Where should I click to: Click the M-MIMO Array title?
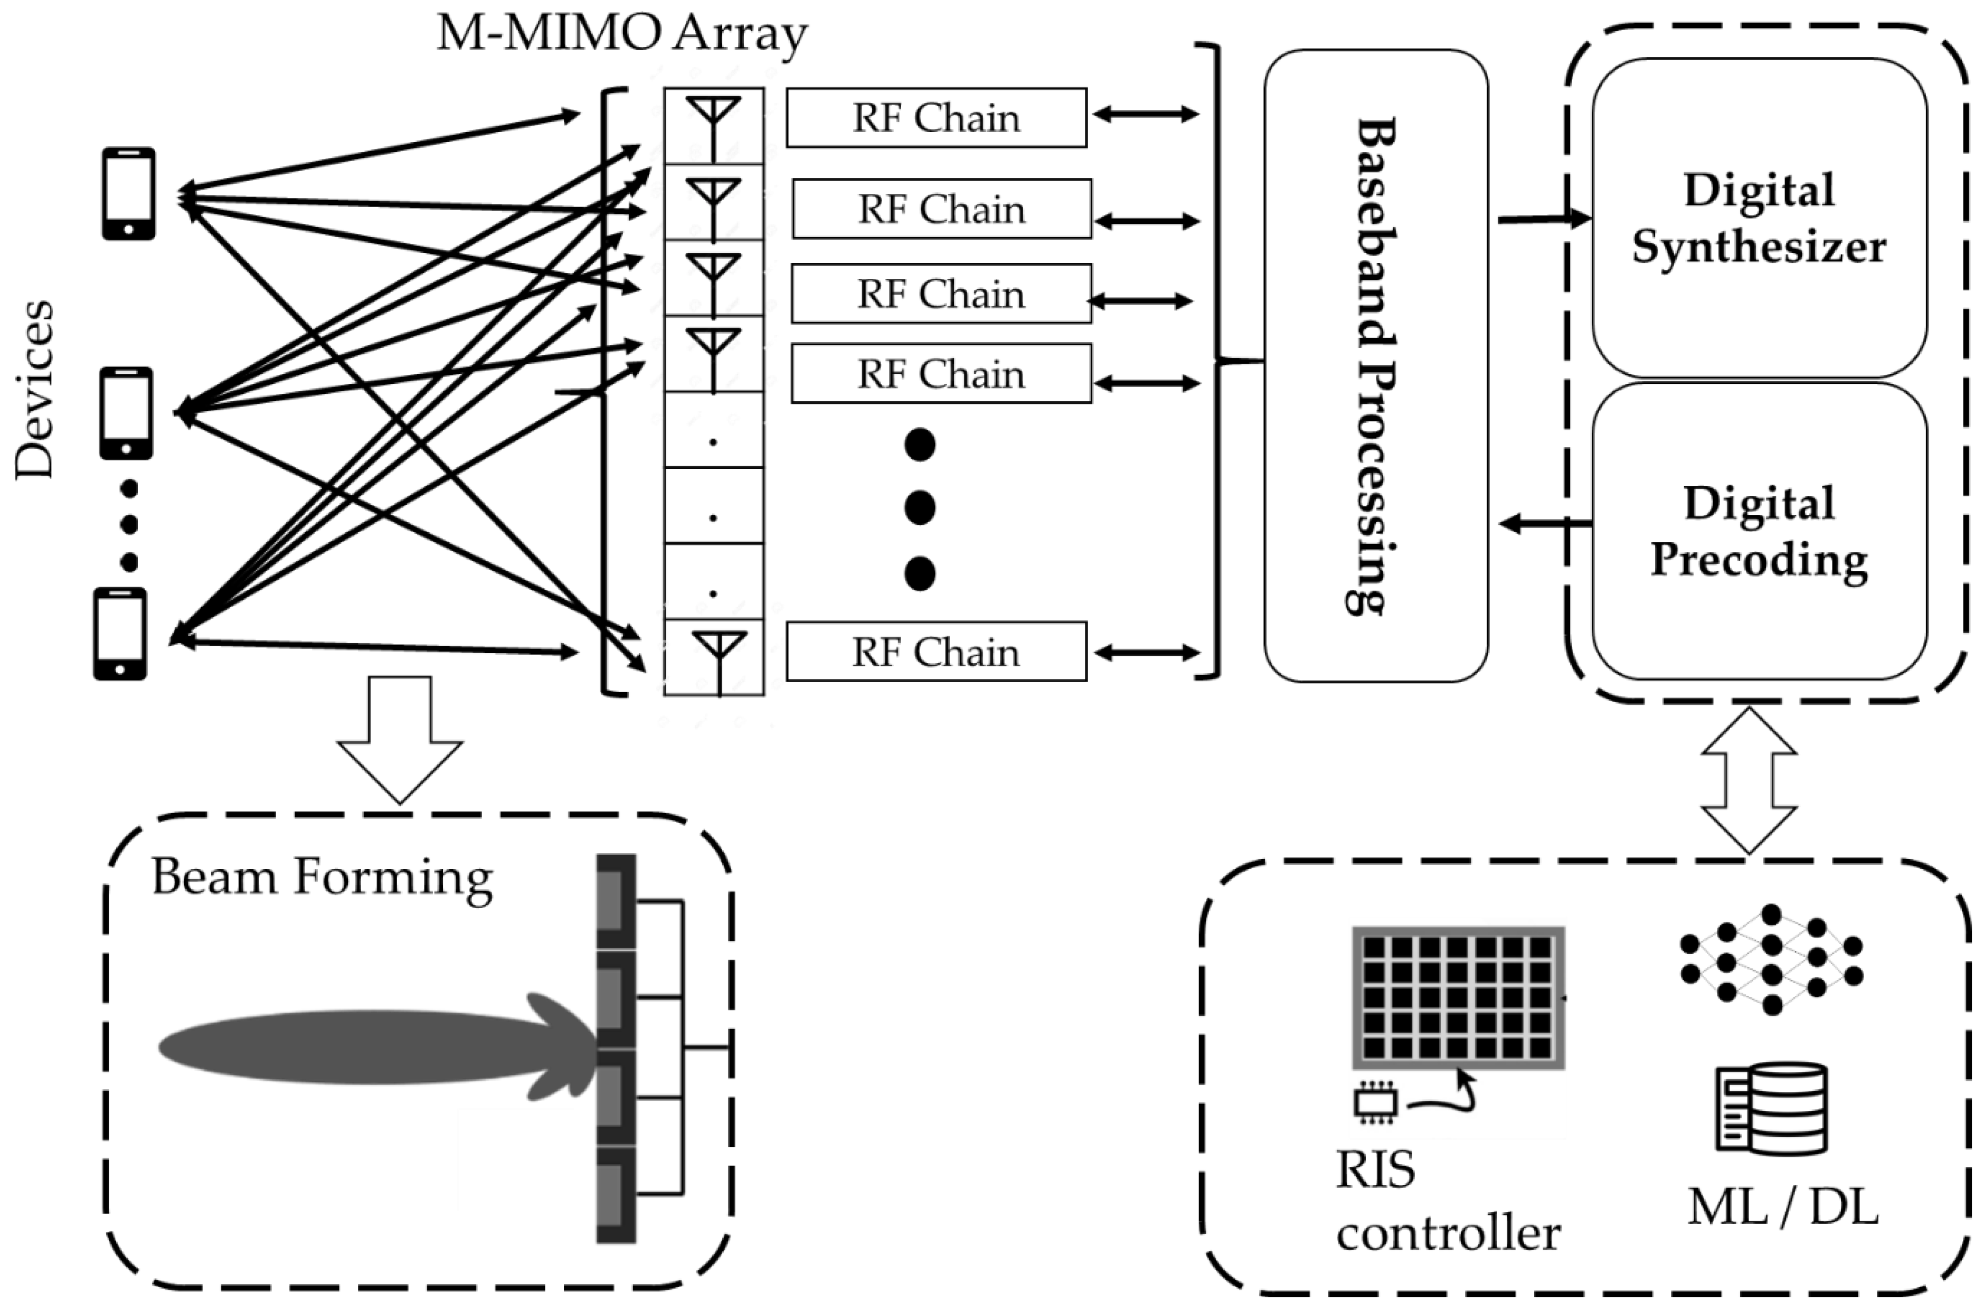click(622, 35)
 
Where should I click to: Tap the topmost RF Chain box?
click(937, 118)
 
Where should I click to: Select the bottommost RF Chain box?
click(937, 652)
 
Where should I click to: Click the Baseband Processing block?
click(1375, 365)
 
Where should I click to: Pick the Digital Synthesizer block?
click(1759, 218)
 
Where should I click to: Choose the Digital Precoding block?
click(1759, 531)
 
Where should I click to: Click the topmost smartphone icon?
click(129, 194)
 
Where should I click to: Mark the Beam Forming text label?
click(322, 878)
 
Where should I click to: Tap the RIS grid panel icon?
click(1458, 997)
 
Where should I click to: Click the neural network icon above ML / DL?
click(1771, 959)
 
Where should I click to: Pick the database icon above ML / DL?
click(1771, 1109)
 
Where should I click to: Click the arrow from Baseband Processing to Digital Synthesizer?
click(1543, 220)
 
